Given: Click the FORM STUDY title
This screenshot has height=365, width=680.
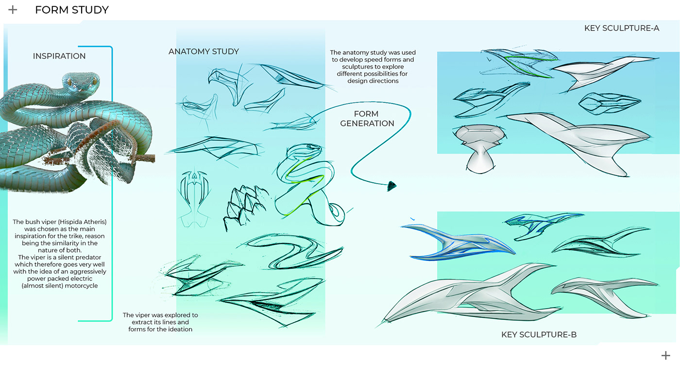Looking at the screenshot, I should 71,10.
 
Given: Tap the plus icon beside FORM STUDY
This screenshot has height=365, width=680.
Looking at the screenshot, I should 13,10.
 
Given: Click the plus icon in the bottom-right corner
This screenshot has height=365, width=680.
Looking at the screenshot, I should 665,355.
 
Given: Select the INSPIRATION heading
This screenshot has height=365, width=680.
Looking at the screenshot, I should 59,56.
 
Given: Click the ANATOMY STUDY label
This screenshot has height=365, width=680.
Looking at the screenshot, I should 204,52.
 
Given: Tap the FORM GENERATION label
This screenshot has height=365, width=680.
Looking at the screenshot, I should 367,119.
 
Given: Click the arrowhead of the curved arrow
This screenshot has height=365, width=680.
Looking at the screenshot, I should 392,185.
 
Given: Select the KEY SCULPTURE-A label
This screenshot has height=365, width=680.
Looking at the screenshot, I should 621,28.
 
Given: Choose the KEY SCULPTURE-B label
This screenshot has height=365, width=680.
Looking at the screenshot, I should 539,334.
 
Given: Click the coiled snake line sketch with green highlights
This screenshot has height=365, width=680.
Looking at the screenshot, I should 306,185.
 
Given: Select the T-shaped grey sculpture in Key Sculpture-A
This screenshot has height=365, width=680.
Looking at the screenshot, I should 478,146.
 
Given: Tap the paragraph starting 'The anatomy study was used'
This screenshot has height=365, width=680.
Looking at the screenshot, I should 373,67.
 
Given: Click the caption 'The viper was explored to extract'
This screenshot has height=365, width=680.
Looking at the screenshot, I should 160,322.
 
